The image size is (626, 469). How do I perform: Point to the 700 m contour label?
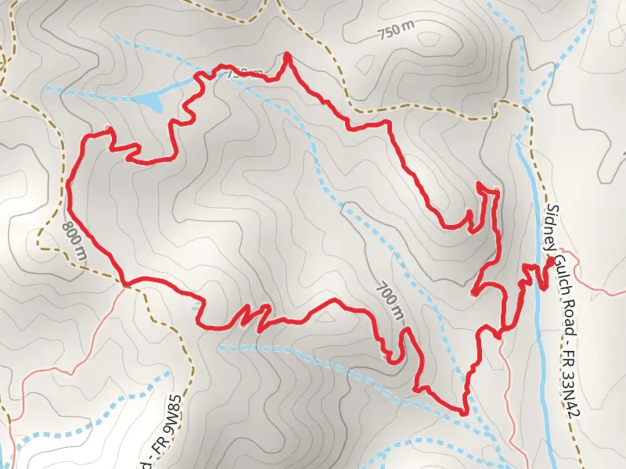390,301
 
